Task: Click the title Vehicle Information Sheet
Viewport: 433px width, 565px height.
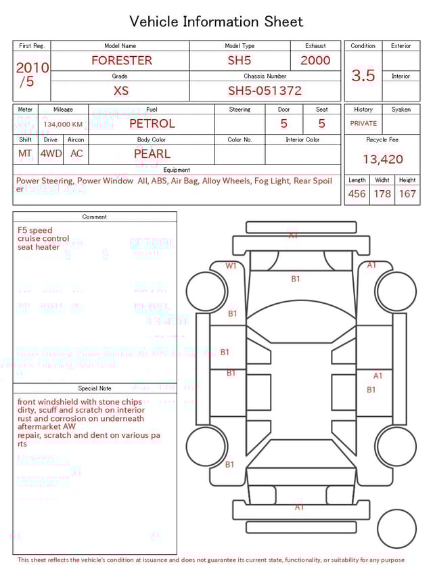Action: point(216,22)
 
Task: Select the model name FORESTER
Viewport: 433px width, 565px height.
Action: point(122,60)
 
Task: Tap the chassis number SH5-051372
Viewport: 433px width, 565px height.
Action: point(265,91)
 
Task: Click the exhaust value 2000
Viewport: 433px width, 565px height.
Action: point(315,60)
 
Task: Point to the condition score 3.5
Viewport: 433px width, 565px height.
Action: point(363,76)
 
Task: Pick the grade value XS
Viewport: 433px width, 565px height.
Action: point(120,91)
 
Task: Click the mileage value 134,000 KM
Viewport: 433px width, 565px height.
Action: point(63,125)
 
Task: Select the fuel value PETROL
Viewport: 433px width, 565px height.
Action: point(152,124)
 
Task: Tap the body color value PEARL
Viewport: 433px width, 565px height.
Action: point(152,154)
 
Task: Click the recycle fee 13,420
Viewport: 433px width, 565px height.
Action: point(383,160)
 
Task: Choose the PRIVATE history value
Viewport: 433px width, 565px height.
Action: point(363,124)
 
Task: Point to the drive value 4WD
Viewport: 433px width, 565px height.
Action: point(51,154)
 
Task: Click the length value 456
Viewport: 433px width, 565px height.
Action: point(357,194)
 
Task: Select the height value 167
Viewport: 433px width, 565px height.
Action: point(407,194)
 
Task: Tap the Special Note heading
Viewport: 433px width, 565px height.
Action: point(95,388)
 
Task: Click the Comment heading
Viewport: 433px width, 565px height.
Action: point(95,217)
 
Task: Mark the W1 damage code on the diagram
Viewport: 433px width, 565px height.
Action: point(231,266)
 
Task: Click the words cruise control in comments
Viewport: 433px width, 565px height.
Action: point(43,239)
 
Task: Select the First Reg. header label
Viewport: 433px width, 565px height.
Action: point(32,46)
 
